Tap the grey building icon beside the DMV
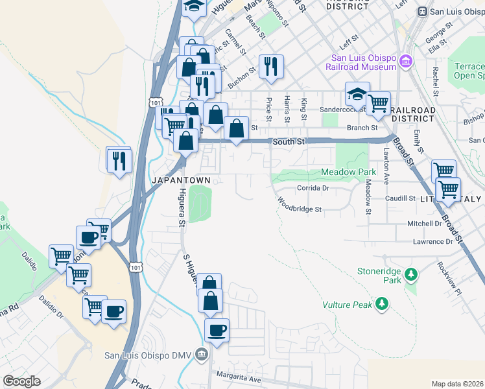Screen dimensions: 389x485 pyautogui.click(x=202, y=355)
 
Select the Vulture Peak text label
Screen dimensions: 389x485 pyautogui.click(x=347, y=304)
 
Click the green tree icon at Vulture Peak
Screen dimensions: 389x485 pyautogui.click(x=383, y=303)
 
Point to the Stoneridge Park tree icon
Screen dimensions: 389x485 pyautogui.click(x=410, y=274)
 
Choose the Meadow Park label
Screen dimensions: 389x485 pyautogui.click(x=349, y=172)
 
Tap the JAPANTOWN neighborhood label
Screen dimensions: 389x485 pyautogui.click(x=180, y=179)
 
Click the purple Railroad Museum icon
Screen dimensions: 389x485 pyautogui.click(x=406, y=62)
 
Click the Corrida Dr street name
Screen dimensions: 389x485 pyautogui.click(x=314, y=188)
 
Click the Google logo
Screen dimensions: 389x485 pyautogui.click(x=21, y=381)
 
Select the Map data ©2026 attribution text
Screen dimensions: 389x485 pyautogui.click(x=458, y=384)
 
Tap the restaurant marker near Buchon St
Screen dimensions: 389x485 pyautogui.click(x=271, y=67)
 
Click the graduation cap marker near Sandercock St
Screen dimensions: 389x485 pyautogui.click(x=357, y=94)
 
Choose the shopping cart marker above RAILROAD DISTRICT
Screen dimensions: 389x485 pyautogui.click(x=378, y=102)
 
